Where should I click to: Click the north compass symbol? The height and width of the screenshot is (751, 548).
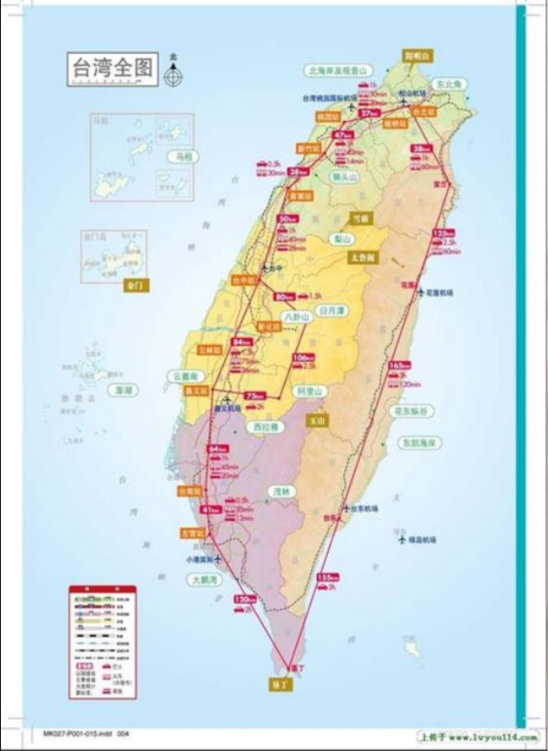click(x=174, y=74)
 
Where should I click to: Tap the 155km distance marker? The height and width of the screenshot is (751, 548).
click(x=327, y=576)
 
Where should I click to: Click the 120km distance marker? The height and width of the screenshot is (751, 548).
click(x=244, y=599)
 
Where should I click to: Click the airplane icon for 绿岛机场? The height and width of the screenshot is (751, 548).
click(x=401, y=539)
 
